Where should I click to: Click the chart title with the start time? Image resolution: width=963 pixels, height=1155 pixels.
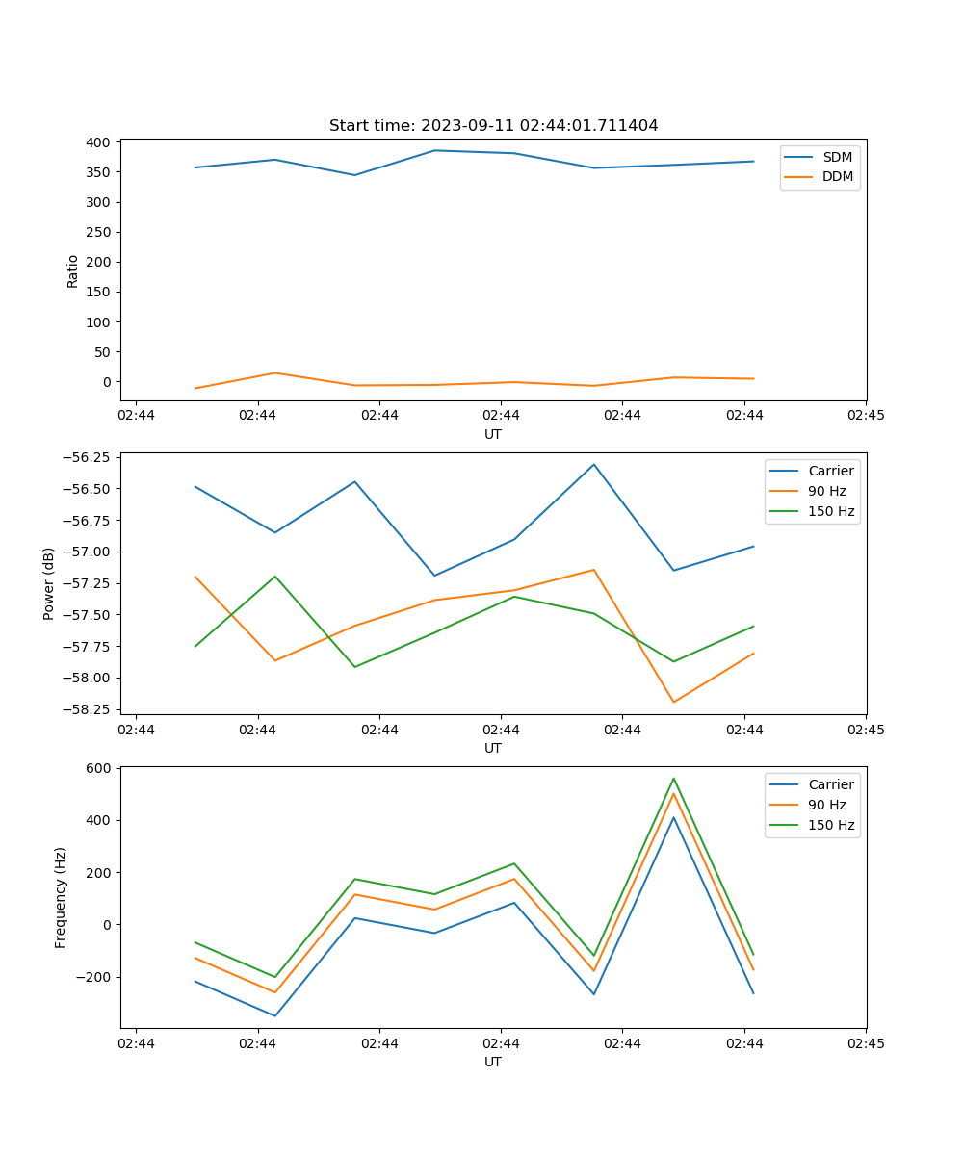493,126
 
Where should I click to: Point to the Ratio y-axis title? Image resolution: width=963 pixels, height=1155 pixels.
73,270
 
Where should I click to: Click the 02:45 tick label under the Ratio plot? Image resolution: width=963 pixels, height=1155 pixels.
865,416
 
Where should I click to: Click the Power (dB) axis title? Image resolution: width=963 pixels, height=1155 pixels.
49,583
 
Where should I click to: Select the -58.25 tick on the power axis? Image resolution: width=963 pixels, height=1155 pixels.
87,709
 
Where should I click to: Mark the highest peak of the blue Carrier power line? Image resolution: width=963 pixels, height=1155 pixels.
593,464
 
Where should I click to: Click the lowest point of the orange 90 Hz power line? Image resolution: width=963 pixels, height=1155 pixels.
673,702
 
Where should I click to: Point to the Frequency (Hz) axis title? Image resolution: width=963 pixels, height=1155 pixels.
61,897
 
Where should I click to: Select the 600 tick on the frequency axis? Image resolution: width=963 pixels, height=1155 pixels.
98,768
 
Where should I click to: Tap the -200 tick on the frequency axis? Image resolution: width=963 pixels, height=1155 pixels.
94,977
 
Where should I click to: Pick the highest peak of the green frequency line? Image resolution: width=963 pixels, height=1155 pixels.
673,778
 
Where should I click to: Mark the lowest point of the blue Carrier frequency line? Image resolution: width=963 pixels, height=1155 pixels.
274,1015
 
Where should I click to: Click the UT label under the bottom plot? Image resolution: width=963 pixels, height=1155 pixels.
493,1062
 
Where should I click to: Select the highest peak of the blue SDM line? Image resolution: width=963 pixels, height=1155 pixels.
434,150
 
